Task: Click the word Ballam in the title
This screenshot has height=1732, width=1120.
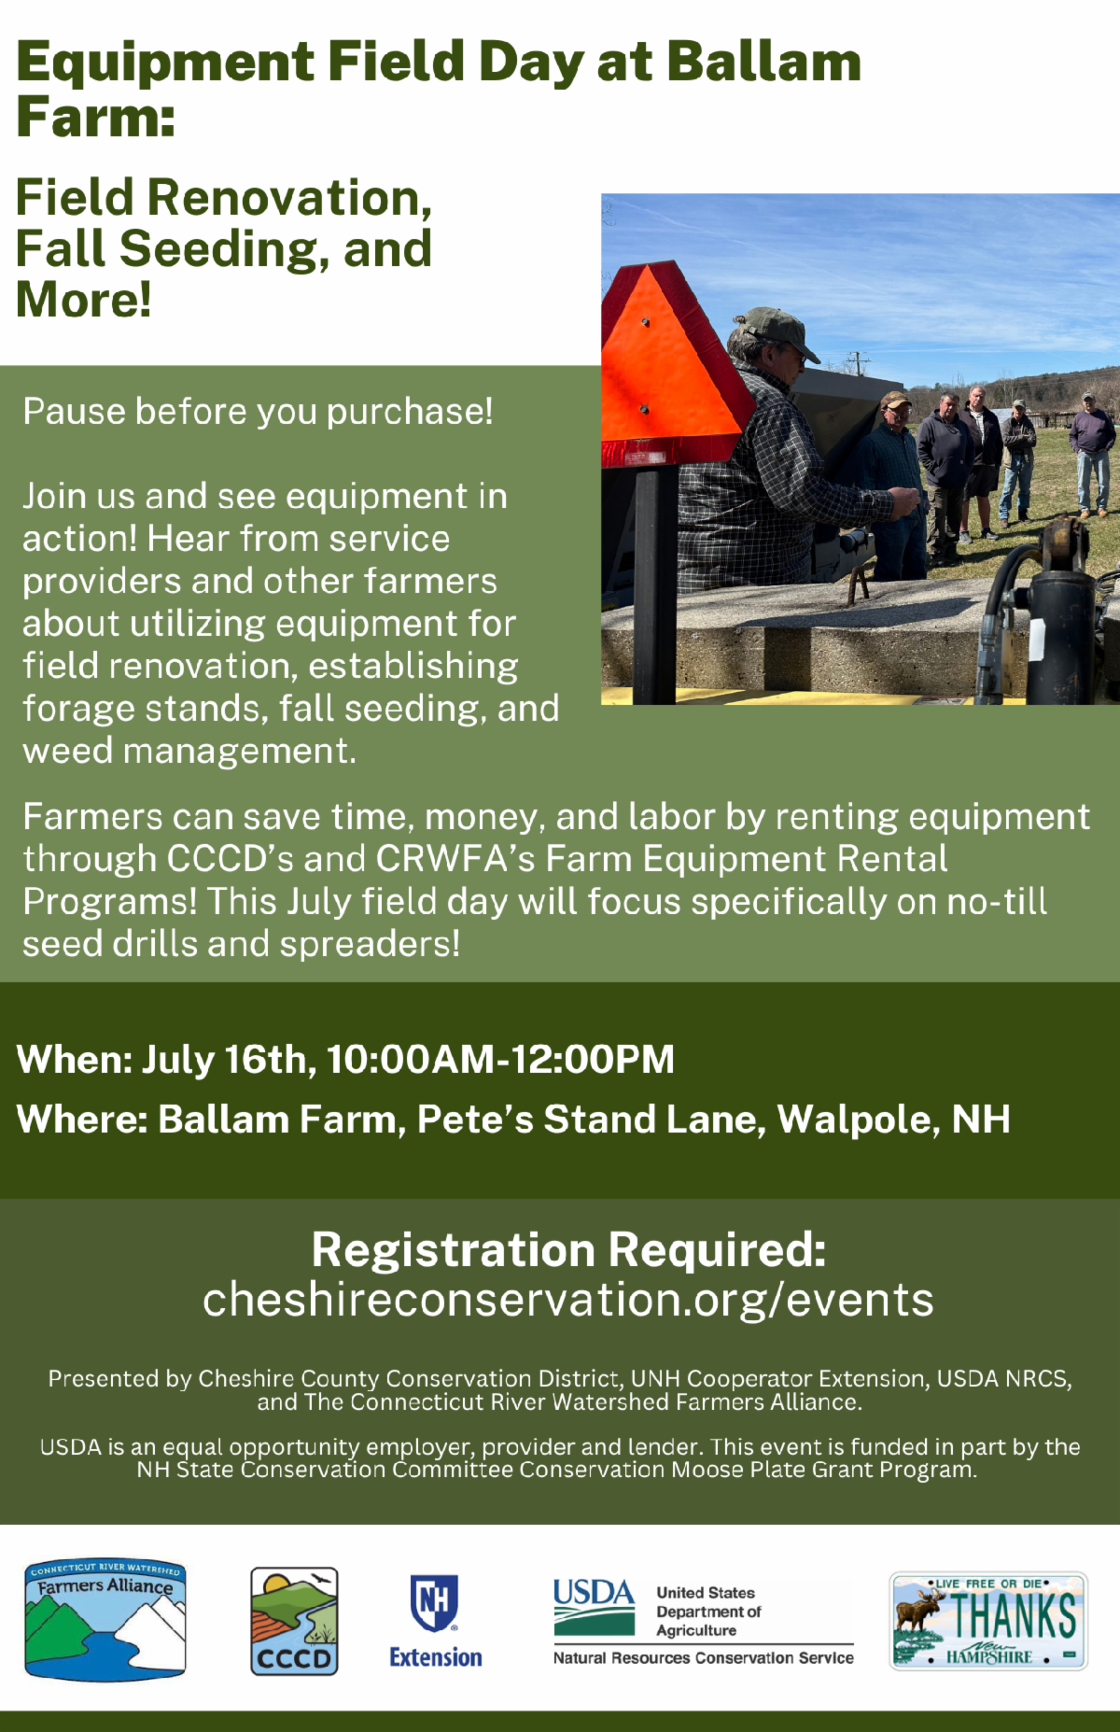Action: [763, 63]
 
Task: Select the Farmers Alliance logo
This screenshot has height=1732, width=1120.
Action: [105, 1621]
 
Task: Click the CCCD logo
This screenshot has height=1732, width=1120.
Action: [294, 1621]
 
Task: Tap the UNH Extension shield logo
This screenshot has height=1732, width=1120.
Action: [435, 1602]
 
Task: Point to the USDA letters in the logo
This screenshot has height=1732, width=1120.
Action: [594, 1593]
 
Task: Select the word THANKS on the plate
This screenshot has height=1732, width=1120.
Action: [1013, 1617]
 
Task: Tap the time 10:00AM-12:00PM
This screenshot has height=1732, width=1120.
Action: [500, 1060]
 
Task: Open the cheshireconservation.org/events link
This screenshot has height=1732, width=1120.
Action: [568, 1300]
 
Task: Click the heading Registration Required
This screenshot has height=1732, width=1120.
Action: [568, 1249]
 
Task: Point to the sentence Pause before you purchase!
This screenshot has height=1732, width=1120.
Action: [258, 412]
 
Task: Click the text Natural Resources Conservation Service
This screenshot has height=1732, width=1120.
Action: [704, 1658]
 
